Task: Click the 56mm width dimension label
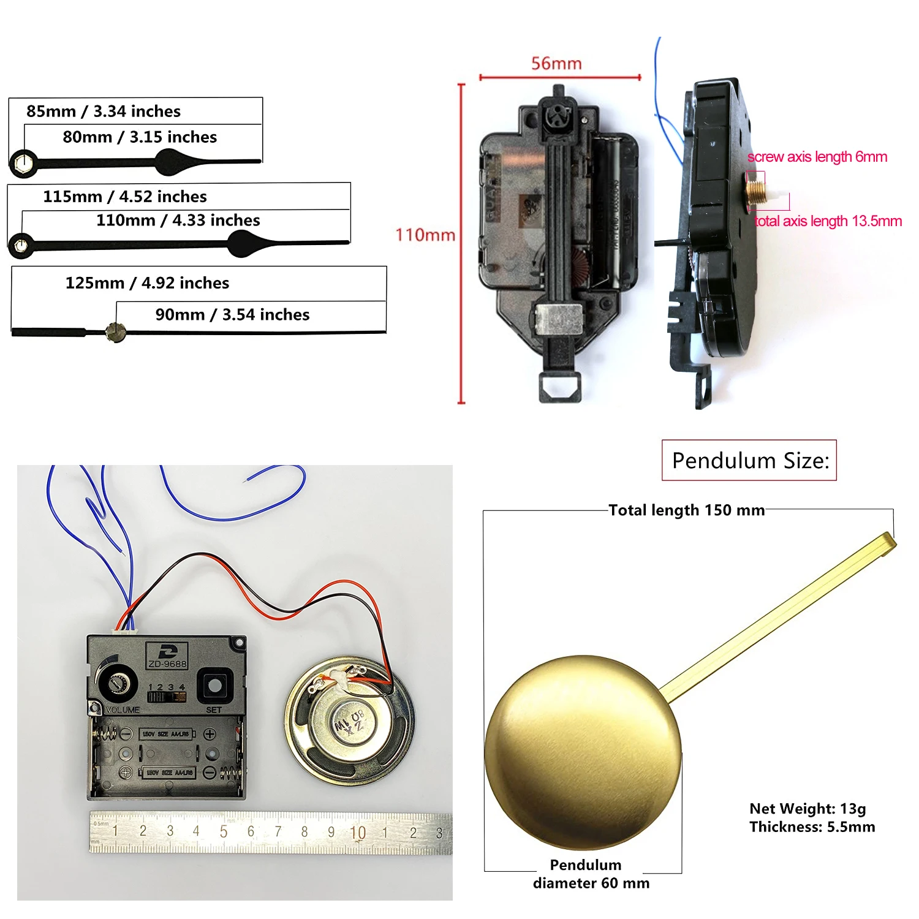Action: [x=556, y=63]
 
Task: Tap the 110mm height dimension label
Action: [x=425, y=235]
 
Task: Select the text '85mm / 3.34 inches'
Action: [x=104, y=111]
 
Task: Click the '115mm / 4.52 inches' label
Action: [x=125, y=196]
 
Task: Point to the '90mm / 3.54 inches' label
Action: [x=232, y=314]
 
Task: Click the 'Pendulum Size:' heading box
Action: [x=749, y=460]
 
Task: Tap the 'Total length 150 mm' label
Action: [x=686, y=510]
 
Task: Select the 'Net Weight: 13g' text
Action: [x=807, y=809]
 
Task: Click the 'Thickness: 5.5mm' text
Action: [x=812, y=827]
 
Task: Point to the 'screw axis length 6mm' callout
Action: [x=817, y=157]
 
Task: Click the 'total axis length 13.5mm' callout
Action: [x=828, y=221]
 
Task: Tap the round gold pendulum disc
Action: [x=583, y=752]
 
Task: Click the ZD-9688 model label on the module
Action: [x=167, y=663]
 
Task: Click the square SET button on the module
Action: [x=214, y=686]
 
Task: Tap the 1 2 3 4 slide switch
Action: [x=166, y=697]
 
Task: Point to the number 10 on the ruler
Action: [x=358, y=832]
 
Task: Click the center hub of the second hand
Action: [x=115, y=331]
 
